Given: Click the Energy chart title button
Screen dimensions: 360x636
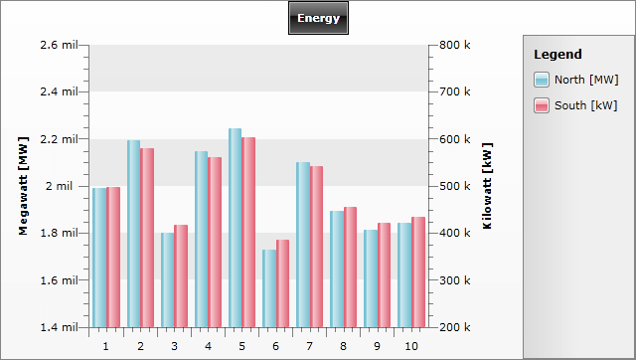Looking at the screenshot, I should coord(318,18).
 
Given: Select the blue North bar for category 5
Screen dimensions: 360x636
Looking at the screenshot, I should coord(235,228).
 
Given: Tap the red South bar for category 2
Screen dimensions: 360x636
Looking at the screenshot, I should coord(147,238).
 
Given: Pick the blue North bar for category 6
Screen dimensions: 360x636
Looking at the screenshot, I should coord(268,288).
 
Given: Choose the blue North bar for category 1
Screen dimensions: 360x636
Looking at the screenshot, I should coord(99,258).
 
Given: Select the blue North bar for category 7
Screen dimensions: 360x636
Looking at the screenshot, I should coord(302,245).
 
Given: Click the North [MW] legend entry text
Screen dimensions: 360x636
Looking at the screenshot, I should coord(586,80).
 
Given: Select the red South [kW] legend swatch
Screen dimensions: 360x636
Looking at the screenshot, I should coord(542,105).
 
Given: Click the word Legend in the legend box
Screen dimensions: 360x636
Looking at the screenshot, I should coord(556,54).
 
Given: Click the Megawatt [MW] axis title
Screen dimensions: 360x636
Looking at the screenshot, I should coord(23,186).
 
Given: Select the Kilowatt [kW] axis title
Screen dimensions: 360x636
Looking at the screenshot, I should coord(487,186).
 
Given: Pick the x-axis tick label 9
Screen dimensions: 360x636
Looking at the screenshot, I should coord(377,346).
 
